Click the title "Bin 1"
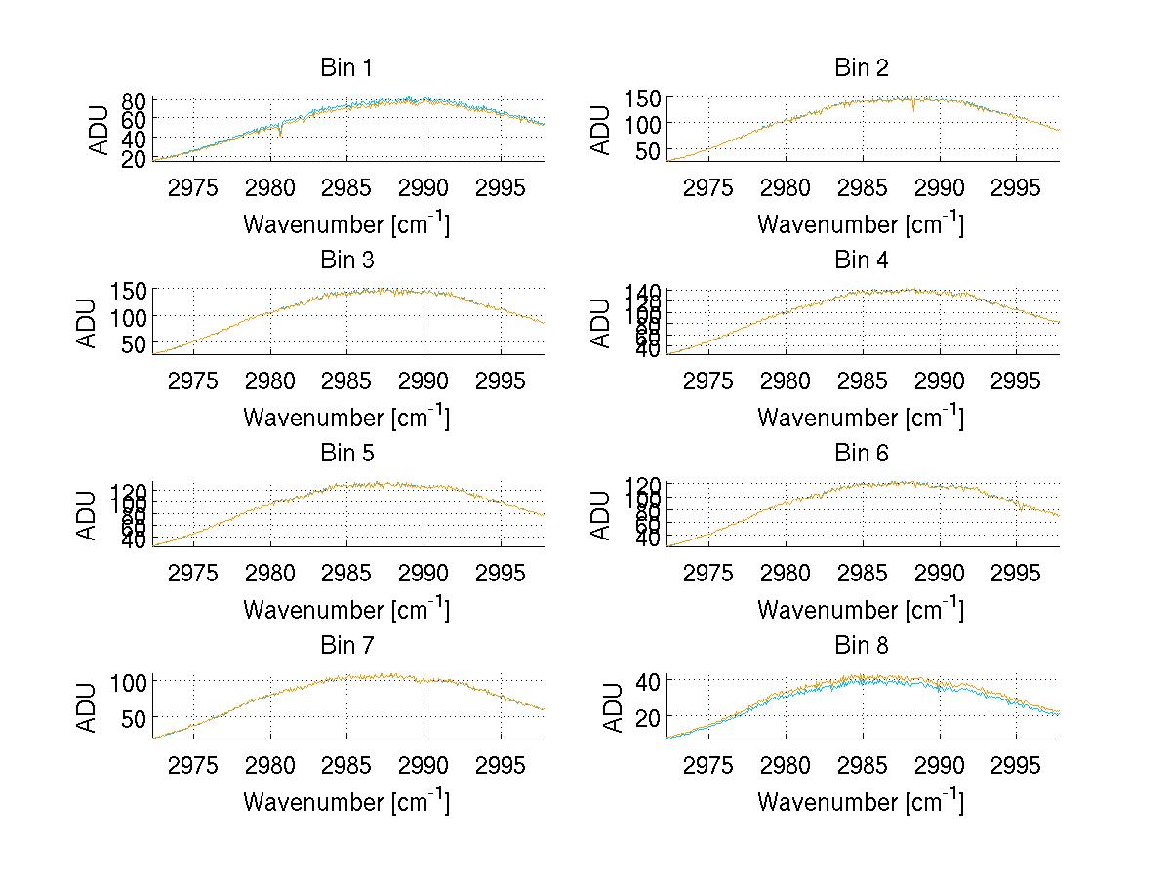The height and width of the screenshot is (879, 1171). (346, 68)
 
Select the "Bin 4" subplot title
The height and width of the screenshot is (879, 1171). (862, 260)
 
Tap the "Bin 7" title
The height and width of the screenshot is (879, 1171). (346, 646)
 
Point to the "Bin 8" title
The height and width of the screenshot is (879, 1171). (862, 646)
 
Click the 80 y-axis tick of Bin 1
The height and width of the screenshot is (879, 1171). (134, 100)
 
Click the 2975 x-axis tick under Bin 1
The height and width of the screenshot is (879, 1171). (193, 188)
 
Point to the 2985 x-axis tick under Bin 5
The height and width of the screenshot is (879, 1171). (346, 573)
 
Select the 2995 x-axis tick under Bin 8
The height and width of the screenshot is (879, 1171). (1015, 766)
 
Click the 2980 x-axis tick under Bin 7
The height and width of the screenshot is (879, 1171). (270, 766)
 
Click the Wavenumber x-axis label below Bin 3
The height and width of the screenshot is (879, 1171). (346, 417)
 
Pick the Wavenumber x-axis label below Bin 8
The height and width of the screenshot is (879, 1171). (861, 802)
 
